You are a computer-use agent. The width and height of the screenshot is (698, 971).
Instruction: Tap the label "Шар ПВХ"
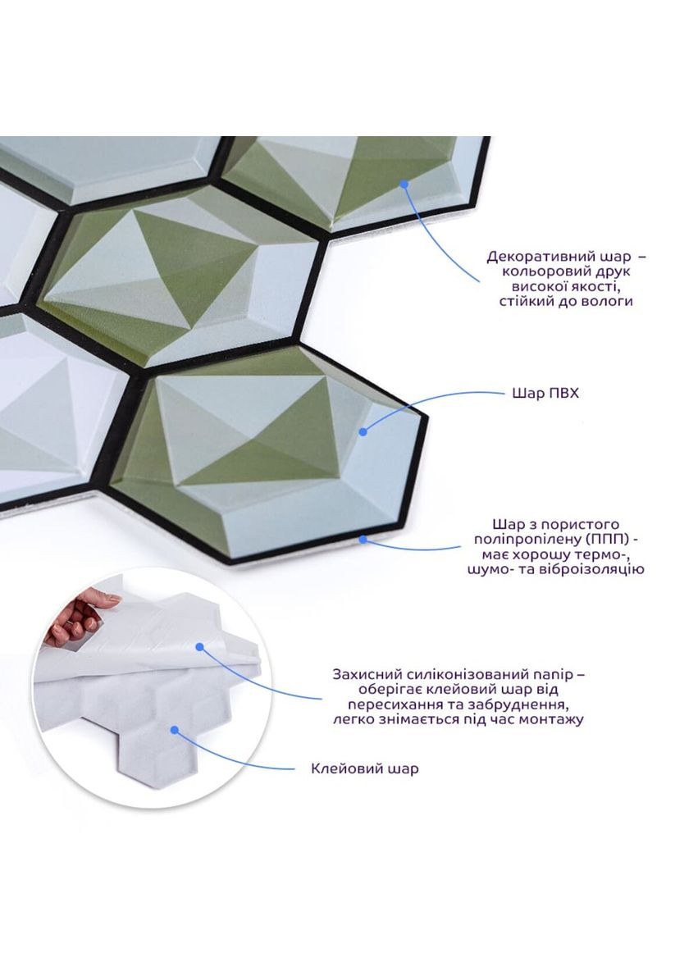[x=545, y=393]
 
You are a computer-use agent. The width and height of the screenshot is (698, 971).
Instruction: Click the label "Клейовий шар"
[x=364, y=768]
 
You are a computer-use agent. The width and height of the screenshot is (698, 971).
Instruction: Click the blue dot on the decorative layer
[x=404, y=184]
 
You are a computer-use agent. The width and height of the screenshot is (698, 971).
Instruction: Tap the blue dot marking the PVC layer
[x=363, y=431]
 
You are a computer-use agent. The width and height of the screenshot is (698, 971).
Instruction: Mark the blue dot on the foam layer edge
[x=363, y=539]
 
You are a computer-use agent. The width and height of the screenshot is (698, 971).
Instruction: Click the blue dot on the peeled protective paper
[x=199, y=646]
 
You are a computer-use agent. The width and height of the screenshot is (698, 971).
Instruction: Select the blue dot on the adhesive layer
[x=175, y=730]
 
